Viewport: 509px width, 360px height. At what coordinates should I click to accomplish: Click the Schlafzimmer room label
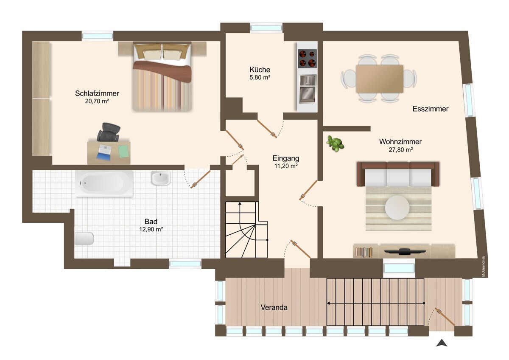97,93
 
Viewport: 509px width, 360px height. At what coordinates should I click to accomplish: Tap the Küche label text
260,70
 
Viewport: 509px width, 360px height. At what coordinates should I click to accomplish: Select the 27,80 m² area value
400,149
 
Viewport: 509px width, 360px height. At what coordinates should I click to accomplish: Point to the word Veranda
274,307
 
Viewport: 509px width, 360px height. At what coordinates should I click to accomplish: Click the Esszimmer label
431,109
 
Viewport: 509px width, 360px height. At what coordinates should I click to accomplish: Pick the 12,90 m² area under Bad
151,229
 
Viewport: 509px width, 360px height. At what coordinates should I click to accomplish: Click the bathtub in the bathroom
104,183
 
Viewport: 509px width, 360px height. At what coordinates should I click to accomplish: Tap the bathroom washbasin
160,178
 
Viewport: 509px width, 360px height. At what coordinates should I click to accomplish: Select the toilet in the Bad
84,238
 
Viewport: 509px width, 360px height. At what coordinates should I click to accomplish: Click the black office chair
109,132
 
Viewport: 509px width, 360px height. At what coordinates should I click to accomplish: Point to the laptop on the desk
104,152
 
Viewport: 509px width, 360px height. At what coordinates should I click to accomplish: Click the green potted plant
335,143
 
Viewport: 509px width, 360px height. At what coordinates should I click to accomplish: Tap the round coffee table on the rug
397,208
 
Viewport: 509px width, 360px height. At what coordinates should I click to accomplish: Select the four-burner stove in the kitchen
308,59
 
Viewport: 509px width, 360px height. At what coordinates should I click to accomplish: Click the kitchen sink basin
307,94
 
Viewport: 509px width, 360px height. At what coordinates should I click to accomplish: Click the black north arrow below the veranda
442,343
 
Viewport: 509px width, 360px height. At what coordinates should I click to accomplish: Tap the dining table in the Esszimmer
380,79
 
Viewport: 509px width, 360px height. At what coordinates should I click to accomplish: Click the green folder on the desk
123,151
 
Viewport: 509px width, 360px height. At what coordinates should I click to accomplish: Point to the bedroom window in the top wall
98,36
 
